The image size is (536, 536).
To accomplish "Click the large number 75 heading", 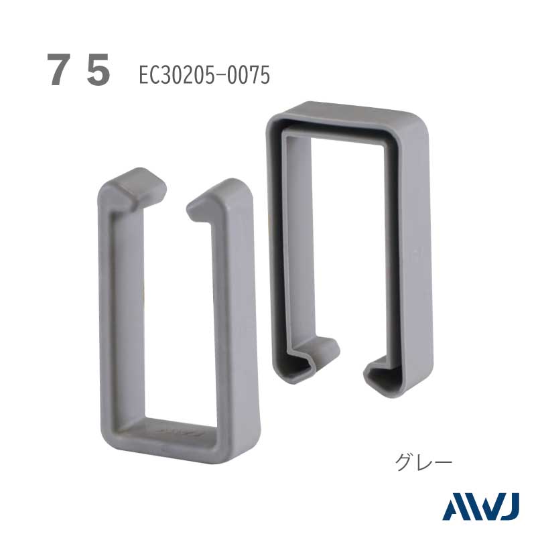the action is [78, 70].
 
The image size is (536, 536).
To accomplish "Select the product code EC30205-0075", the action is [204, 75].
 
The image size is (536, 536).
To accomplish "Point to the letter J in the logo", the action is [510, 507].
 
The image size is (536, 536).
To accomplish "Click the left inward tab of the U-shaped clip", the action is [137, 188].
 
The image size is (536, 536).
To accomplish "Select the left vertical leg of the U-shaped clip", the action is [120, 308].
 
